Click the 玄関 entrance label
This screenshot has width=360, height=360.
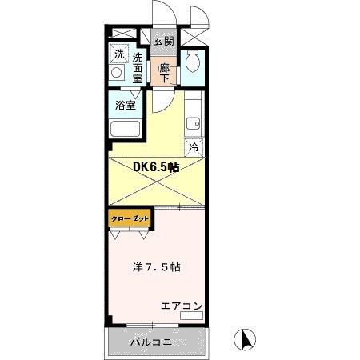pyautogui.click(x=163, y=40)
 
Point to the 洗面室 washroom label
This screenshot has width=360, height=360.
pyautogui.click(x=138, y=68)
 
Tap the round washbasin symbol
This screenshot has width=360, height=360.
pyautogui.click(x=118, y=74)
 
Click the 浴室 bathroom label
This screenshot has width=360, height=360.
pyautogui.click(x=125, y=104)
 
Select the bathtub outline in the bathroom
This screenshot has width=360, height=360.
pyautogui.click(x=125, y=130)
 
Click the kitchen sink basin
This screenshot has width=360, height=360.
pyautogui.click(x=193, y=123)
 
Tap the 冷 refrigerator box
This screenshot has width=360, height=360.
pyautogui.click(x=194, y=147)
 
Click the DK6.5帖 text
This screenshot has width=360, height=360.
pyautogui.click(x=155, y=167)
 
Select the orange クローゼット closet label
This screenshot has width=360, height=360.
pyautogui.click(x=128, y=217)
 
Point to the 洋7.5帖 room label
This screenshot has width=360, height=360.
pyautogui.click(x=156, y=266)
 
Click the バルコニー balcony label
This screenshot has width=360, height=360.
pyautogui.click(x=158, y=342)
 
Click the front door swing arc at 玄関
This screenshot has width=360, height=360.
pyautogui.click(x=160, y=14)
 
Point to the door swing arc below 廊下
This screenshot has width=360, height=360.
pyautogui.click(x=162, y=100)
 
